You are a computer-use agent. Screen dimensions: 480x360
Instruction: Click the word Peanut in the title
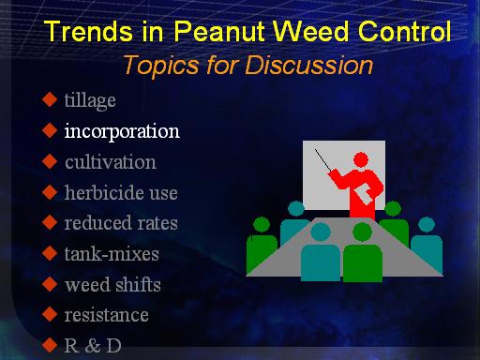pyautogui.click(x=220, y=31)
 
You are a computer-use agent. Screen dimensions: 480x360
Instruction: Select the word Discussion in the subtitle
pyautogui.click(x=309, y=65)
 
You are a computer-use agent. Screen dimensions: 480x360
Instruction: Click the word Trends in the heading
pyautogui.click(x=88, y=31)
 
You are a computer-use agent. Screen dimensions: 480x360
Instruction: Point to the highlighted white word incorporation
pyautogui.click(x=122, y=131)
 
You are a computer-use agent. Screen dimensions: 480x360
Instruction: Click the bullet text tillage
pyautogui.click(x=90, y=101)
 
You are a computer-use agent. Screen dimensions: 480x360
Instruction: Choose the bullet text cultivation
pyautogui.click(x=111, y=162)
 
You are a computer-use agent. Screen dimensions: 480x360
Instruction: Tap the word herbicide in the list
pyautogui.click(x=104, y=192)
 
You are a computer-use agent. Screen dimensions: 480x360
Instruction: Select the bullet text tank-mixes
pyautogui.click(x=112, y=253)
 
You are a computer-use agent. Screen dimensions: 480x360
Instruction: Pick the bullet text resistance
pyautogui.click(x=106, y=315)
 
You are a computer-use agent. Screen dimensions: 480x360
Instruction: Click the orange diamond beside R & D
pyautogui.click(x=50, y=345)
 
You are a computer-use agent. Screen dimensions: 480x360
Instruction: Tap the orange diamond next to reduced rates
pyautogui.click(x=50, y=222)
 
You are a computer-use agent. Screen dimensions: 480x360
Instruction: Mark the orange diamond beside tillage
pyautogui.click(x=50, y=99)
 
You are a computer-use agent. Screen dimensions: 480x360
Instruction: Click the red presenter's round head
pyautogui.click(x=361, y=159)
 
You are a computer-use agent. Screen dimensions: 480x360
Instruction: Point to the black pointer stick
pyautogui.click(x=323, y=160)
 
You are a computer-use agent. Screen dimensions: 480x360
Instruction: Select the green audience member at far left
pyautogui.click(x=262, y=246)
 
